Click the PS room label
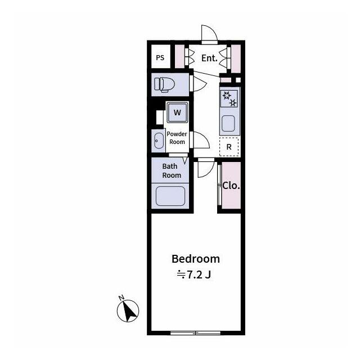point(160,57)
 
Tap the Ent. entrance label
point(209,58)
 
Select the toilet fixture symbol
point(164,85)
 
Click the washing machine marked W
point(177,112)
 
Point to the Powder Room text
point(177,138)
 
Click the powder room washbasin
point(159,141)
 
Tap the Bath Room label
point(172,170)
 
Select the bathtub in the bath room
point(170,196)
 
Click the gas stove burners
point(229,99)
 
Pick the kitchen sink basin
point(228,124)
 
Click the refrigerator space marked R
point(229,147)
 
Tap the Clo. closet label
point(231,186)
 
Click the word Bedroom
point(196,259)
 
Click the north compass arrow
point(128,311)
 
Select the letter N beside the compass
point(121,298)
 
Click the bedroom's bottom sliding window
point(195,332)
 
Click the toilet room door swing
point(200,84)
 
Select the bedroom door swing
point(206,168)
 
